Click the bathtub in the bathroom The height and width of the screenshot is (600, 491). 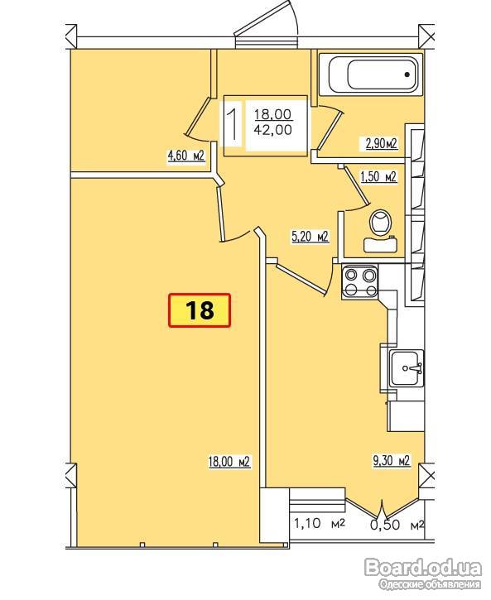[x=371, y=74]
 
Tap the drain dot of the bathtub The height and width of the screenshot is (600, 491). [x=407, y=74]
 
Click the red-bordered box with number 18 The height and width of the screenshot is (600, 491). [x=200, y=310]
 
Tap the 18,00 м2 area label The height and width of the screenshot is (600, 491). [x=229, y=462]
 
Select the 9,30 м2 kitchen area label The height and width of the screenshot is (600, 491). [x=392, y=460]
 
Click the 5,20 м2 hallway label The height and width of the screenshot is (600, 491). [x=310, y=237]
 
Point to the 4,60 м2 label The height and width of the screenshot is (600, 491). [x=186, y=156]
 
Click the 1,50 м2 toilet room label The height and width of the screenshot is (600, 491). [x=378, y=176]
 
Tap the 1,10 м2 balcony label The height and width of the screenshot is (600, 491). [x=320, y=523]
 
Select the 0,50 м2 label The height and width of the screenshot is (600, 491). [x=397, y=525]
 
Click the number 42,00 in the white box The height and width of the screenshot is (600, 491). [x=273, y=130]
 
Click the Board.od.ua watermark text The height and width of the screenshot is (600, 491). [x=423, y=567]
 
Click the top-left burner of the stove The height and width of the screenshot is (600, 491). [x=351, y=275]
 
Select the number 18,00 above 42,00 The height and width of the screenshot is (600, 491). [x=273, y=113]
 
